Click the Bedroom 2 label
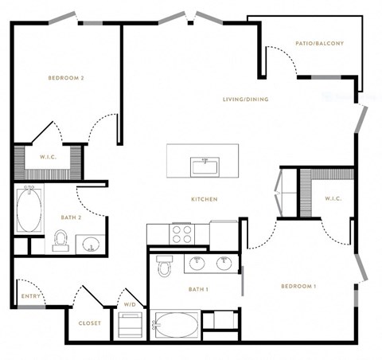point(66,78)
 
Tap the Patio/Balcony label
point(320,43)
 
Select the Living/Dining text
point(246,100)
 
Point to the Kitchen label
point(205,199)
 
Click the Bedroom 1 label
point(298,286)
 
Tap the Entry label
point(31,296)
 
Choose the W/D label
point(130,304)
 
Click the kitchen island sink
point(205,167)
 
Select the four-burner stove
point(181,234)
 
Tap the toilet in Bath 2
point(60,241)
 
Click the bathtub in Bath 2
point(29,209)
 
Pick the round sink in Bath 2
point(91,244)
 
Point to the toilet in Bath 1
point(165,266)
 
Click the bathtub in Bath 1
point(175,324)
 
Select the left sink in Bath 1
point(197,263)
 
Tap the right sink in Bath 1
point(224,263)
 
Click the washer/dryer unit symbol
point(130,325)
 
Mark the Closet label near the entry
point(90,323)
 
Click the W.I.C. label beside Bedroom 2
point(49,157)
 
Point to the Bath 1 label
point(198,289)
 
